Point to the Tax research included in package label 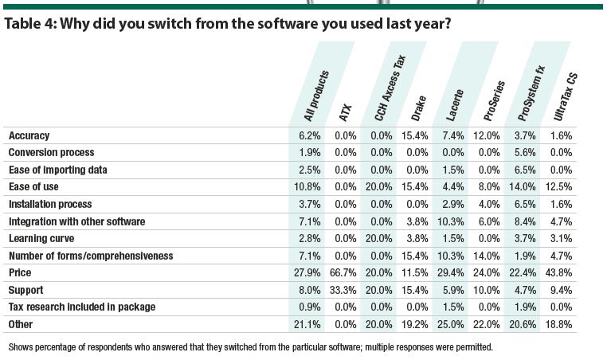point(81,307)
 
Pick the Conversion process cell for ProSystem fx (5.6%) point(526,152)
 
